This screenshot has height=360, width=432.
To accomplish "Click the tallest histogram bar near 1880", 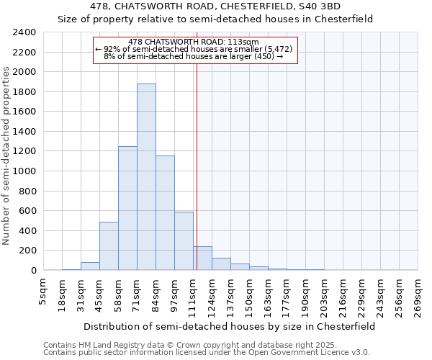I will point(146,177).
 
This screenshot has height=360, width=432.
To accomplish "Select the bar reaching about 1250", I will point(127,208).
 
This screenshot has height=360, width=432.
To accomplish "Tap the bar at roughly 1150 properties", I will point(165,213).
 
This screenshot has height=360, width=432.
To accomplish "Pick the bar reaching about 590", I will point(184,241).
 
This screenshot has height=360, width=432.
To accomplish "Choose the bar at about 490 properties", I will point(109,246).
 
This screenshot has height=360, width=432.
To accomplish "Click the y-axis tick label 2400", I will point(24,32).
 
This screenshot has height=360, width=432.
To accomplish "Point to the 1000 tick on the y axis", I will point(24,171).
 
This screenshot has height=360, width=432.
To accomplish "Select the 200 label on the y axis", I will point(27,251).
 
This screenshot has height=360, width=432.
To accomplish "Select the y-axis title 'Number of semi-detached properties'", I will point(7,156).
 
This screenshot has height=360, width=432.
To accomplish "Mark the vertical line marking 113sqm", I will point(197,166).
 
